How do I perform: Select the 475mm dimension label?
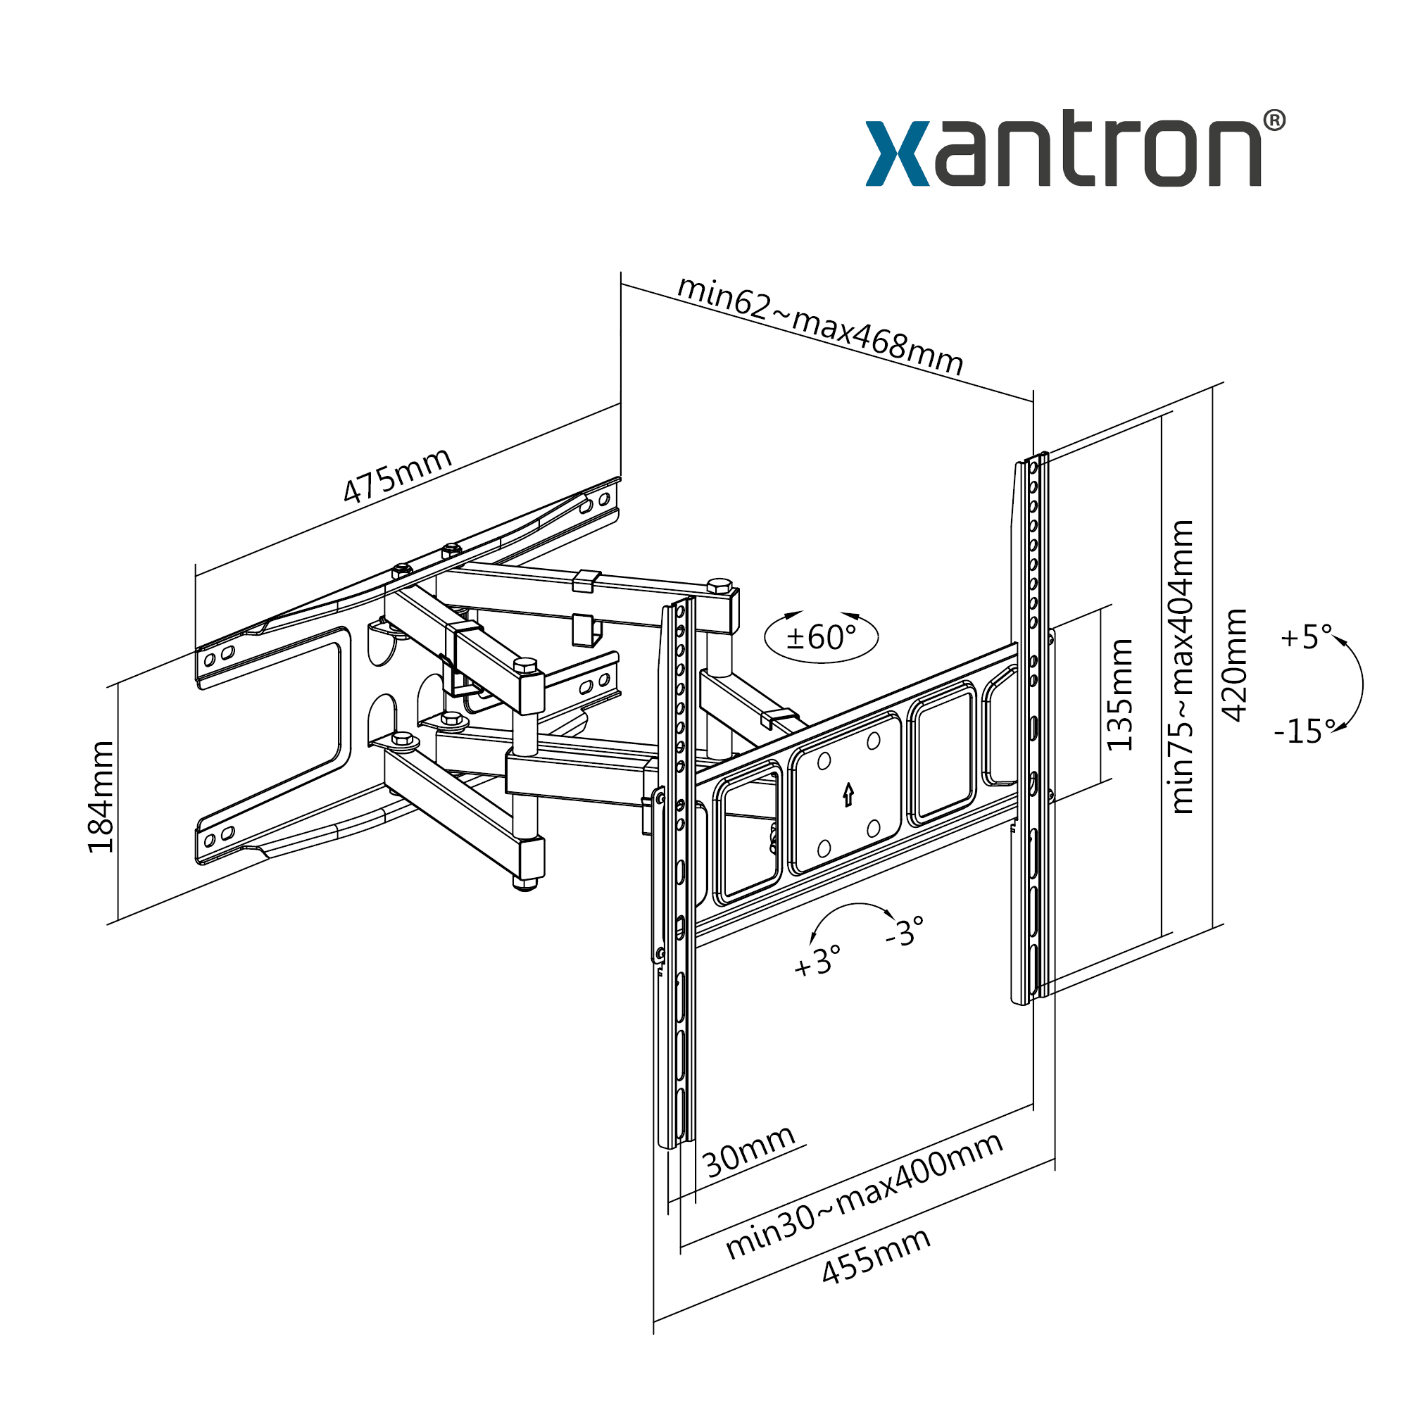pos(397,475)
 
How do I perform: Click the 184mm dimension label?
pos(101,796)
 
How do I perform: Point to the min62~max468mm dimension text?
pos(820,325)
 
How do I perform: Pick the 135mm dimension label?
pos(1119,695)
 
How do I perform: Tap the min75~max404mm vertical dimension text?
pos(1181,667)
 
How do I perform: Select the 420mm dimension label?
pos(1234,665)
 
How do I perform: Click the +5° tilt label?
pos(1306,637)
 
